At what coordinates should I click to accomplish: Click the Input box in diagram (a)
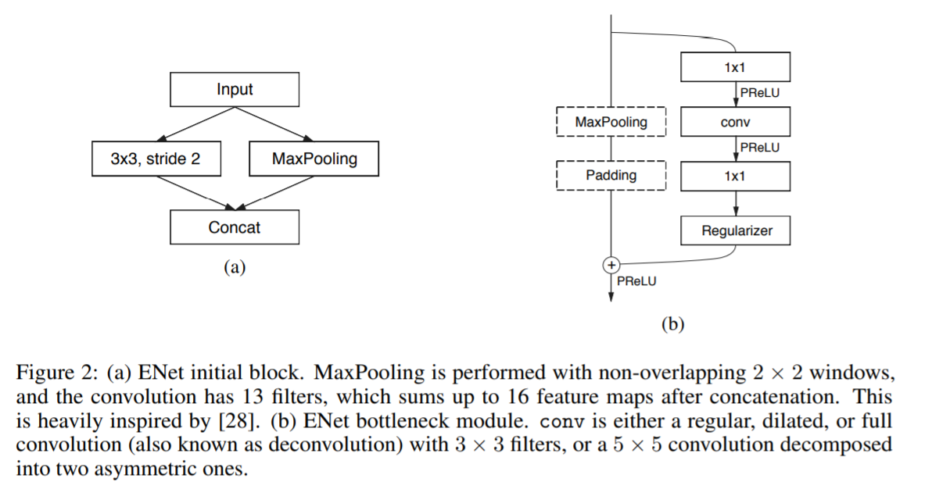click(235, 90)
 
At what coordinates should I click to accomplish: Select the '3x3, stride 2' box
click(156, 159)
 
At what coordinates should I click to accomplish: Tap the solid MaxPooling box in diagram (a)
click(314, 159)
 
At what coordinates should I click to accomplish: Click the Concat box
click(235, 227)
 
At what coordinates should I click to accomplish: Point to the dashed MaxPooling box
click(611, 122)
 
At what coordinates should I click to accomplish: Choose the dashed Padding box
click(611, 175)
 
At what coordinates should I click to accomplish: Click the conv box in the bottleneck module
click(735, 122)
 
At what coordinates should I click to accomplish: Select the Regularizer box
click(736, 230)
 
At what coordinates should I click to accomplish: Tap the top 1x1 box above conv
click(735, 67)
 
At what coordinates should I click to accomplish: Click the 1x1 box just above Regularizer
click(735, 176)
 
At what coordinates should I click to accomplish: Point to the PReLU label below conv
click(759, 147)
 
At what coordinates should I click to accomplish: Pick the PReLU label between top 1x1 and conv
click(759, 92)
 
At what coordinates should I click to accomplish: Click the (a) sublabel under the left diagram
click(235, 268)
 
